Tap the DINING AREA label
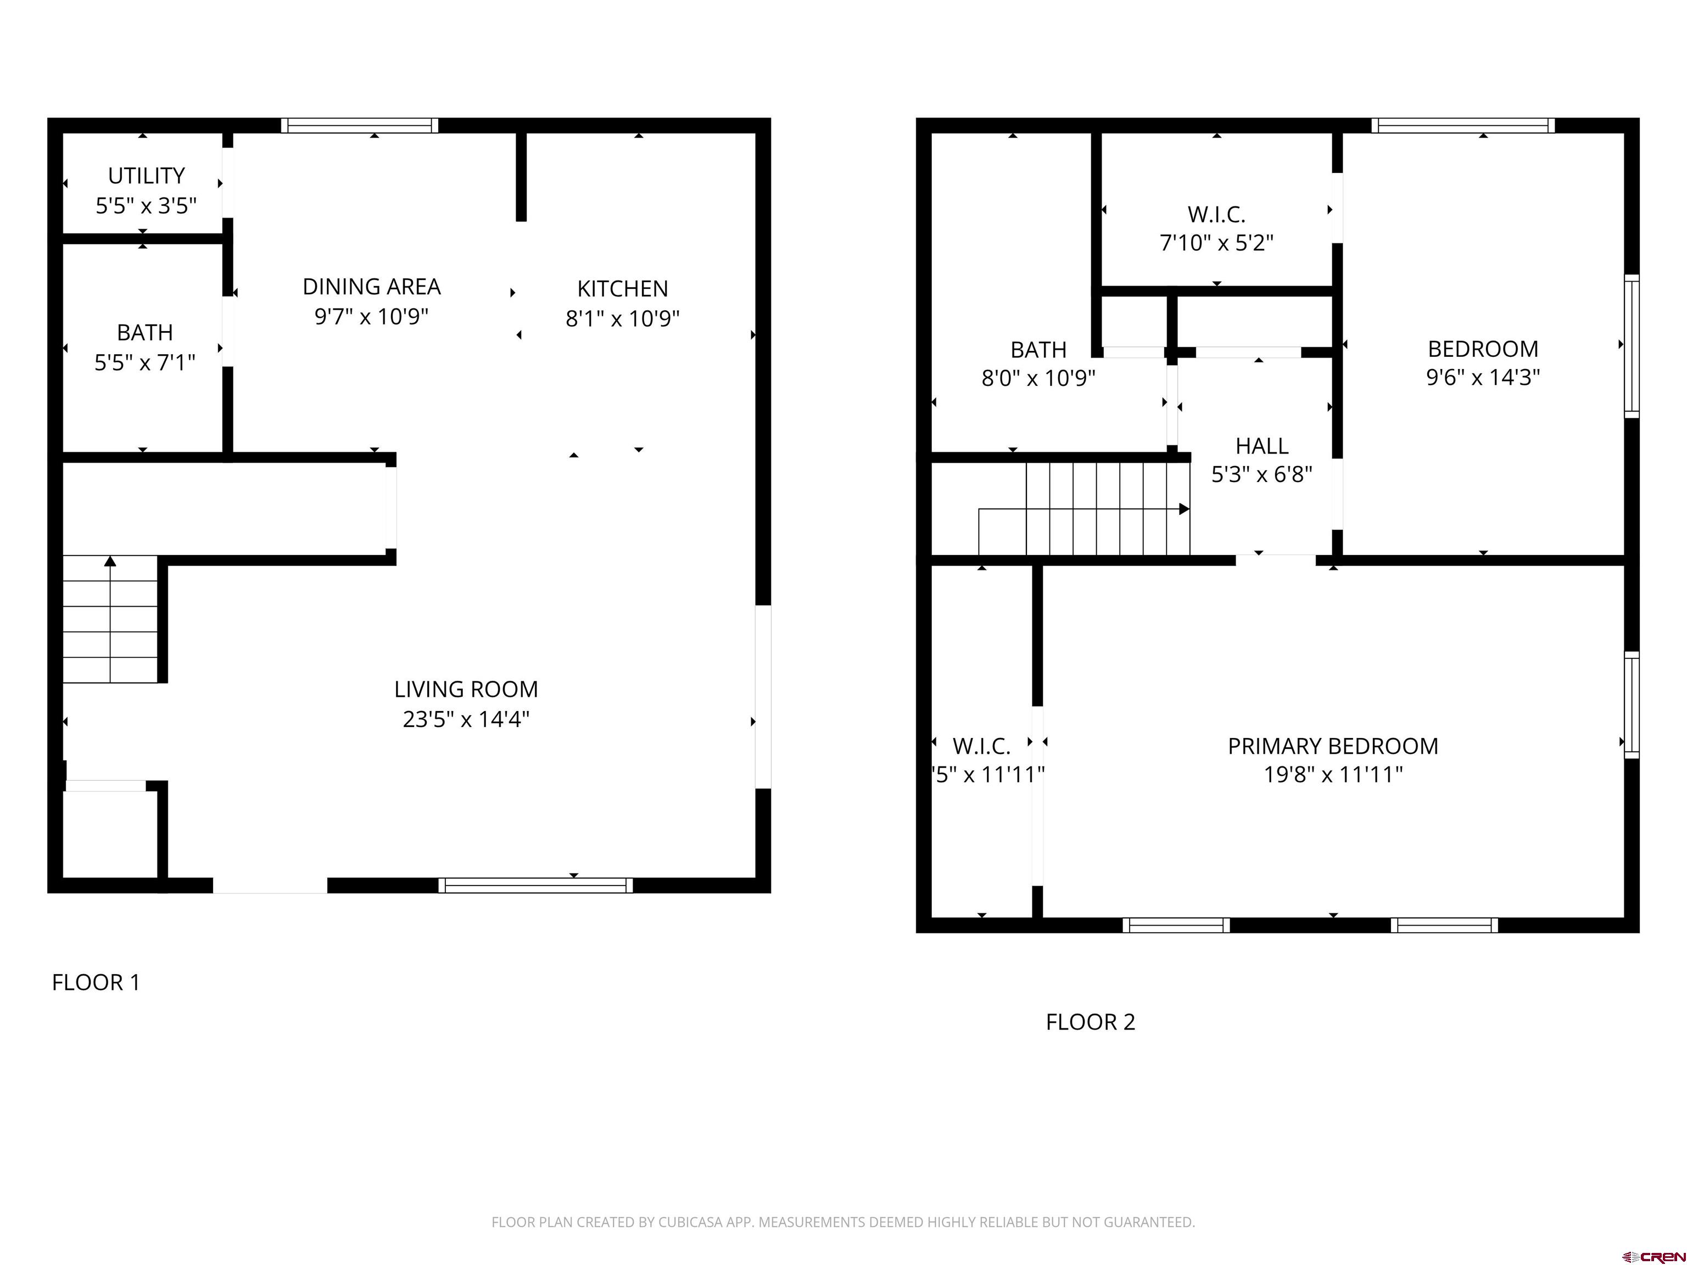(371, 287)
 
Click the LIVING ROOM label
(466, 689)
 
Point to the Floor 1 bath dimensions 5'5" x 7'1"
(145, 362)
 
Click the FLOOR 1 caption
(96, 982)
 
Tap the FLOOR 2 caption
(1090, 1022)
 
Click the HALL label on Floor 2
(1261, 446)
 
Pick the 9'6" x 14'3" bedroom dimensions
(1483, 377)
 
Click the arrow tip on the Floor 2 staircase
(1185, 508)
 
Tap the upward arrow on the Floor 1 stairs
(110, 561)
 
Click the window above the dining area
(359, 125)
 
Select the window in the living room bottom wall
(535, 885)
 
